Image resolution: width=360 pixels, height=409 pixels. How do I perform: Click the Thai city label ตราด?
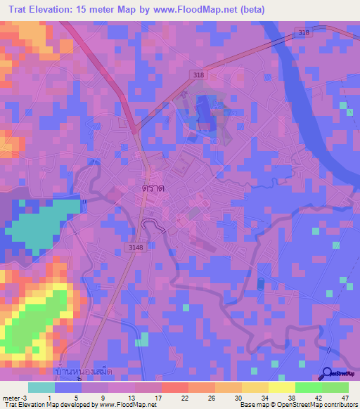click(x=153, y=189)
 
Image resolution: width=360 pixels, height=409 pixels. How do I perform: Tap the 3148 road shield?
click(x=136, y=247)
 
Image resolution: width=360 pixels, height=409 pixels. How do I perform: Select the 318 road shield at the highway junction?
click(x=199, y=74)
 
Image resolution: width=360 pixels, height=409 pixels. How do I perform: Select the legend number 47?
click(x=344, y=378)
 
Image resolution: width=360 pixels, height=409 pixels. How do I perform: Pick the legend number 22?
click(x=166, y=378)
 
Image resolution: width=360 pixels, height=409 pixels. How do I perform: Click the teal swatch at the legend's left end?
click(x=41, y=387)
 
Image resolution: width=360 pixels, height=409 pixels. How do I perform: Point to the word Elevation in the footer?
click(x=33, y=404)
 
